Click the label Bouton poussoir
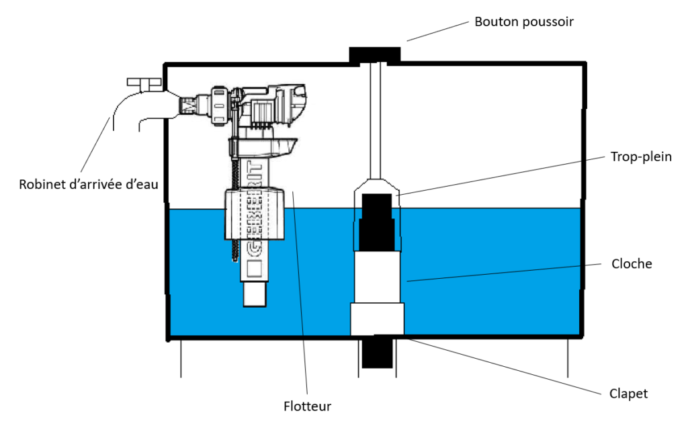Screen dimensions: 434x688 coord(524,21)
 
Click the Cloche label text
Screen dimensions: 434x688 coord(632,263)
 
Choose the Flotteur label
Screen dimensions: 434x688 coord(307,406)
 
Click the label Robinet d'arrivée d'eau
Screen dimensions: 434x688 coord(89,183)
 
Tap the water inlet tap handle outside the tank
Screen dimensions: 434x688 coord(144,83)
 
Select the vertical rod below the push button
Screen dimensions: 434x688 coord(376,121)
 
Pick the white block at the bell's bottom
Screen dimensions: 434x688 coord(378,318)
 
